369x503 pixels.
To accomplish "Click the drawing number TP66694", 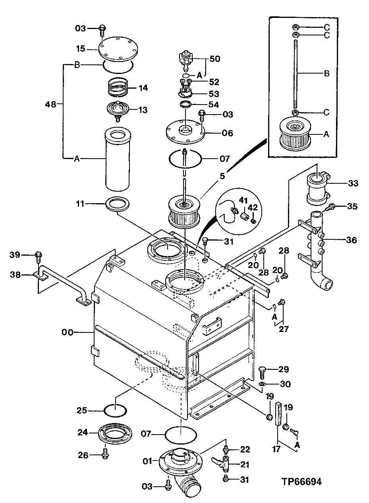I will [301, 482].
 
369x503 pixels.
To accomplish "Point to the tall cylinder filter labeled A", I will [117, 159].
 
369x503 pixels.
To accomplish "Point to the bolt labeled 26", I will [105, 454].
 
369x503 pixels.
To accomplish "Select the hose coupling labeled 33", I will [318, 185].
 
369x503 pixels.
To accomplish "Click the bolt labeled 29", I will [263, 373].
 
